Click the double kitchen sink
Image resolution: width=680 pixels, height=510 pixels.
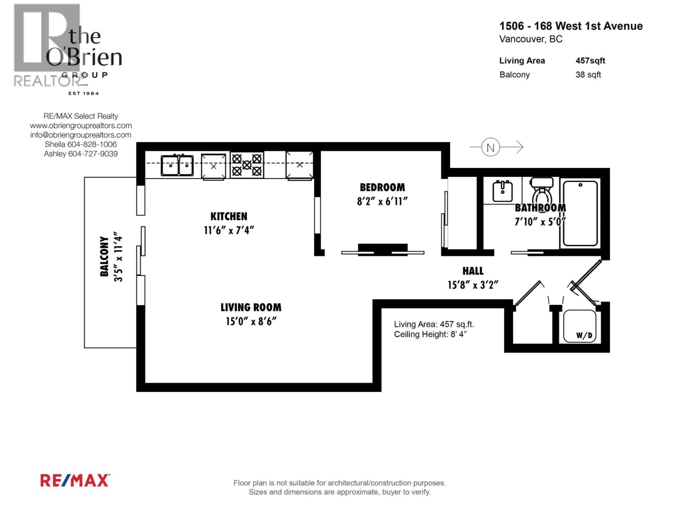pyautogui.click(x=177, y=165)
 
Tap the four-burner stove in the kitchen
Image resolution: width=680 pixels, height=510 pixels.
pyautogui.click(x=247, y=165)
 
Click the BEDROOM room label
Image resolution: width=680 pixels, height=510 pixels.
pyautogui.click(x=382, y=187)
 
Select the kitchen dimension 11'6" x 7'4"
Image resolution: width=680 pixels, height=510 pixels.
pyautogui.click(x=229, y=230)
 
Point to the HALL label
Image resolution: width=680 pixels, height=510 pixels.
pyautogui.click(x=473, y=271)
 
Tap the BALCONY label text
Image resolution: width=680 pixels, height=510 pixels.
pyautogui.click(x=104, y=256)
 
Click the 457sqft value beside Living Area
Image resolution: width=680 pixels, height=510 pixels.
pyautogui.click(x=590, y=61)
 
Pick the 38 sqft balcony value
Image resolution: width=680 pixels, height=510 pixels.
pyautogui.click(x=588, y=75)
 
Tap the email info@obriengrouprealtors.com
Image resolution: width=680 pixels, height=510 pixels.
pyautogui.click(x=81, y=135)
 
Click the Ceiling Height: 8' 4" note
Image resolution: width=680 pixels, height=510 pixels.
pyautogui.click(x=430, y=334)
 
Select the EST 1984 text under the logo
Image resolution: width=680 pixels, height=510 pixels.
pyautogui.click(x=84, y=93)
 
